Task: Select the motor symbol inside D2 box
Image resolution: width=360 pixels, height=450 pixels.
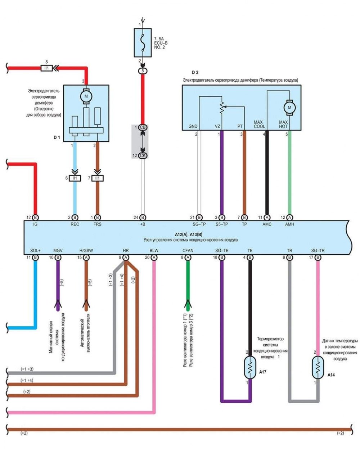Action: pos(289,107)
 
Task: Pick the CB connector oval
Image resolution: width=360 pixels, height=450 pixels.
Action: pos(143,128)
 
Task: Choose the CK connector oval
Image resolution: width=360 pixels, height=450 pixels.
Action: pos(143,155)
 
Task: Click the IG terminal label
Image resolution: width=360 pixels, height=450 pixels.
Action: pos(35,224)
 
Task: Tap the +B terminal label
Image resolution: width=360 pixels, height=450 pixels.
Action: pos(143,224)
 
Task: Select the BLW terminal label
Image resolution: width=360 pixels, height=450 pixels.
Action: pos(154,250)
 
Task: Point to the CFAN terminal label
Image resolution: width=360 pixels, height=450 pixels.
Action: pos(188,250)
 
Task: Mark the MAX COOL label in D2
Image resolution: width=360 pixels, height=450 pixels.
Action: pos(259,124)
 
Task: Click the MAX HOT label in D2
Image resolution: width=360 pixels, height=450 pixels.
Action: pos(283,124)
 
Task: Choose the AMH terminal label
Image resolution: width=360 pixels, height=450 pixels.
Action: pos(289,224)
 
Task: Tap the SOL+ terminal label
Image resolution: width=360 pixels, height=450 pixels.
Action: pos(35,250)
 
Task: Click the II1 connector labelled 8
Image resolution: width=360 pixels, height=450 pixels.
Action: pos(46,67)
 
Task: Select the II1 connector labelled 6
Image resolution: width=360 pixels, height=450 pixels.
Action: pos(75,178)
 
